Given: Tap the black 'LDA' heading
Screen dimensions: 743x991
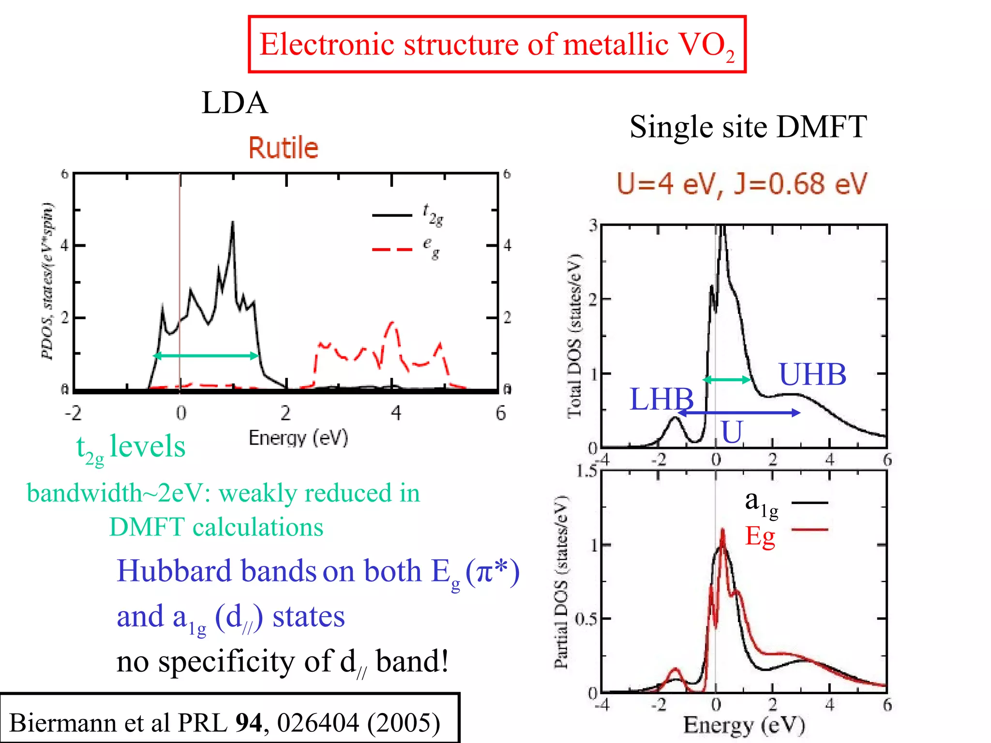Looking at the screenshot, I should coord(234,103).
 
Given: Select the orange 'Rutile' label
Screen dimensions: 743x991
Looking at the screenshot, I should coord(284,148).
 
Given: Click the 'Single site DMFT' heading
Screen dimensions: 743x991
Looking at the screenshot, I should coord(748,127).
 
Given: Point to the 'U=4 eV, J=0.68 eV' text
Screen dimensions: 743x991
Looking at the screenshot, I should coord(742,184).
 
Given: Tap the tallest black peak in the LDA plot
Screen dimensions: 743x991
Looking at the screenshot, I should coord(233,224).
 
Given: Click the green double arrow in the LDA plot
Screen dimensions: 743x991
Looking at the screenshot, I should coord(206,356).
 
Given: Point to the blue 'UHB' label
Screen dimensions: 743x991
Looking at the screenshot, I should coord(812,374).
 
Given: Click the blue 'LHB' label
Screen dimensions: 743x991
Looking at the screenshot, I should coord(661,399).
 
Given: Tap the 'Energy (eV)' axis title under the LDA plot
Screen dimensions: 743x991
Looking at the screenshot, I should coord(298,438).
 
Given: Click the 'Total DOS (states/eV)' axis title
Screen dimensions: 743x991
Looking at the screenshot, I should coord(574,335).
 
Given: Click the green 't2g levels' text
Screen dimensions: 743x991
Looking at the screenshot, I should coord(131,447).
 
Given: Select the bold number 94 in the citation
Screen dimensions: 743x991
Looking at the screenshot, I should coord(248,723).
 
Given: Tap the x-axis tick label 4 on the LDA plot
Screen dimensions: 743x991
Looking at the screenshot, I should coord(396,413).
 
